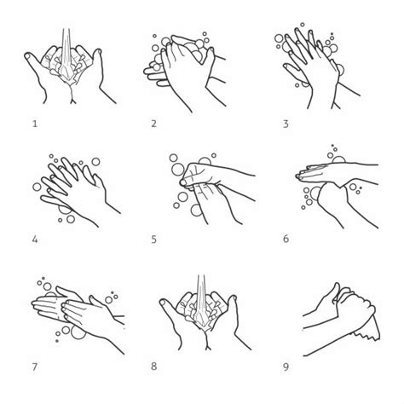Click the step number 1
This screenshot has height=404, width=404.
tap(35, 124)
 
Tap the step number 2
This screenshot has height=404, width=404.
tap(153, 124)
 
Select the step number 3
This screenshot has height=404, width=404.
tap(286, 124)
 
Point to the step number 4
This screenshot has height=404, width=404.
tap(35, 240)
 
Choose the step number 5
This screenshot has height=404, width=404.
tap(153, 240)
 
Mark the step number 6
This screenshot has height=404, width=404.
tap(286, 239)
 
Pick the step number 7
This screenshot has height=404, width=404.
tap(35, 367)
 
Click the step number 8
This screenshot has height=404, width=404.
tap(153, 366)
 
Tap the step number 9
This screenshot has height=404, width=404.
tap(286, 366)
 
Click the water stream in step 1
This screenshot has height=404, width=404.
tap(66, 51)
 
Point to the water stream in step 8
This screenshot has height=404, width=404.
tap(201, 298)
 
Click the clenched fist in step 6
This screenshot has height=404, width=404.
tap(332, 198)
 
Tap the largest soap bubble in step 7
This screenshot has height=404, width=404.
tap(78, 332)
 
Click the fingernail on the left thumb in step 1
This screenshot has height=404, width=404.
tap(28, 56)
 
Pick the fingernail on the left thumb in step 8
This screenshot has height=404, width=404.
tap(163, 303)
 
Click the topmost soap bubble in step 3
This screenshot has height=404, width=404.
tap(303, 25)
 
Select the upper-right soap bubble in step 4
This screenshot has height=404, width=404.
tap(95, 162)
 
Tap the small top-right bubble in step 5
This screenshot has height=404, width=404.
tap(214, 155)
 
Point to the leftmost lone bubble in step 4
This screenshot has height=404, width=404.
tap(37, 187)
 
